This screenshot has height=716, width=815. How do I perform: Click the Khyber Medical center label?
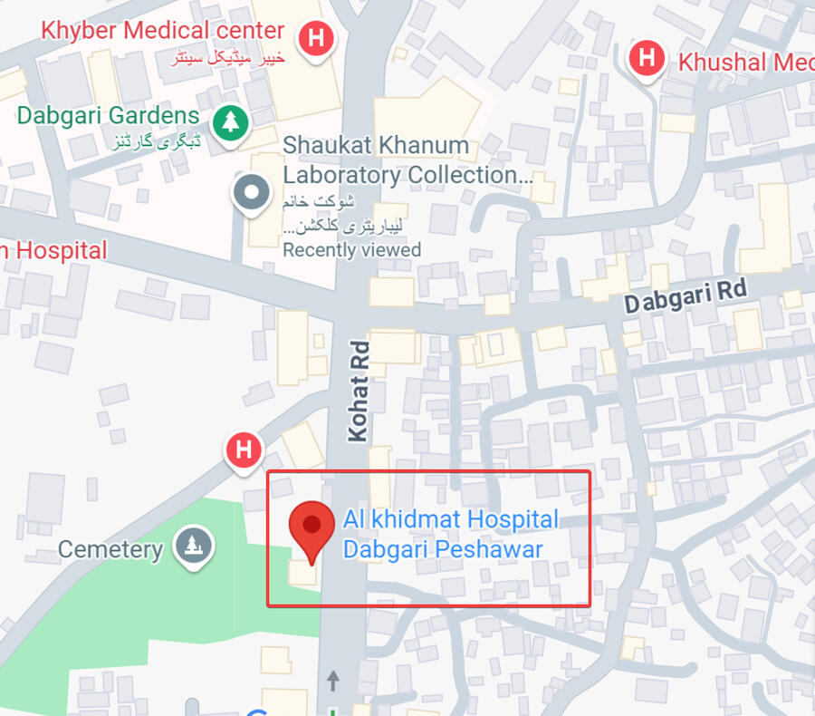coord(163,30)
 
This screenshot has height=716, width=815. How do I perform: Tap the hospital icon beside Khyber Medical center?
coord(316,39)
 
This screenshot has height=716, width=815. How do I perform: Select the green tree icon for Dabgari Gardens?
coord(231,121)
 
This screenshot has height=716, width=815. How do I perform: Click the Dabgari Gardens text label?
coord(108,116)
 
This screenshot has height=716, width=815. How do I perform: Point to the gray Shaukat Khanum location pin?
coord(251,193)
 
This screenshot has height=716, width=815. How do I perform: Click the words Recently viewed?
coord(351,249)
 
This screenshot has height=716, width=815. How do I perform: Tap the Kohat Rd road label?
coord(359,390)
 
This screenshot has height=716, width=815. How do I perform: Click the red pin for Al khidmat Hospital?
coord(312,527)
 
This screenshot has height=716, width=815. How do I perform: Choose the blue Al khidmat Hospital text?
coord(450,520)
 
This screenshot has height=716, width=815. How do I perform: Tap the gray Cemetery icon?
coord(192,547)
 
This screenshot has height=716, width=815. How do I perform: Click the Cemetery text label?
coord(110,549)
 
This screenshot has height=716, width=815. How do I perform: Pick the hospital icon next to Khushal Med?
coord(647,58)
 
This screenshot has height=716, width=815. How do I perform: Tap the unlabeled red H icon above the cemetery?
coord(243,450)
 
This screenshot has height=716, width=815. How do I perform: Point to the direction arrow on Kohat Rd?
coord(333,679)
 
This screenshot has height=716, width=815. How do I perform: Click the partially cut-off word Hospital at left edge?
coord(56,251)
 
